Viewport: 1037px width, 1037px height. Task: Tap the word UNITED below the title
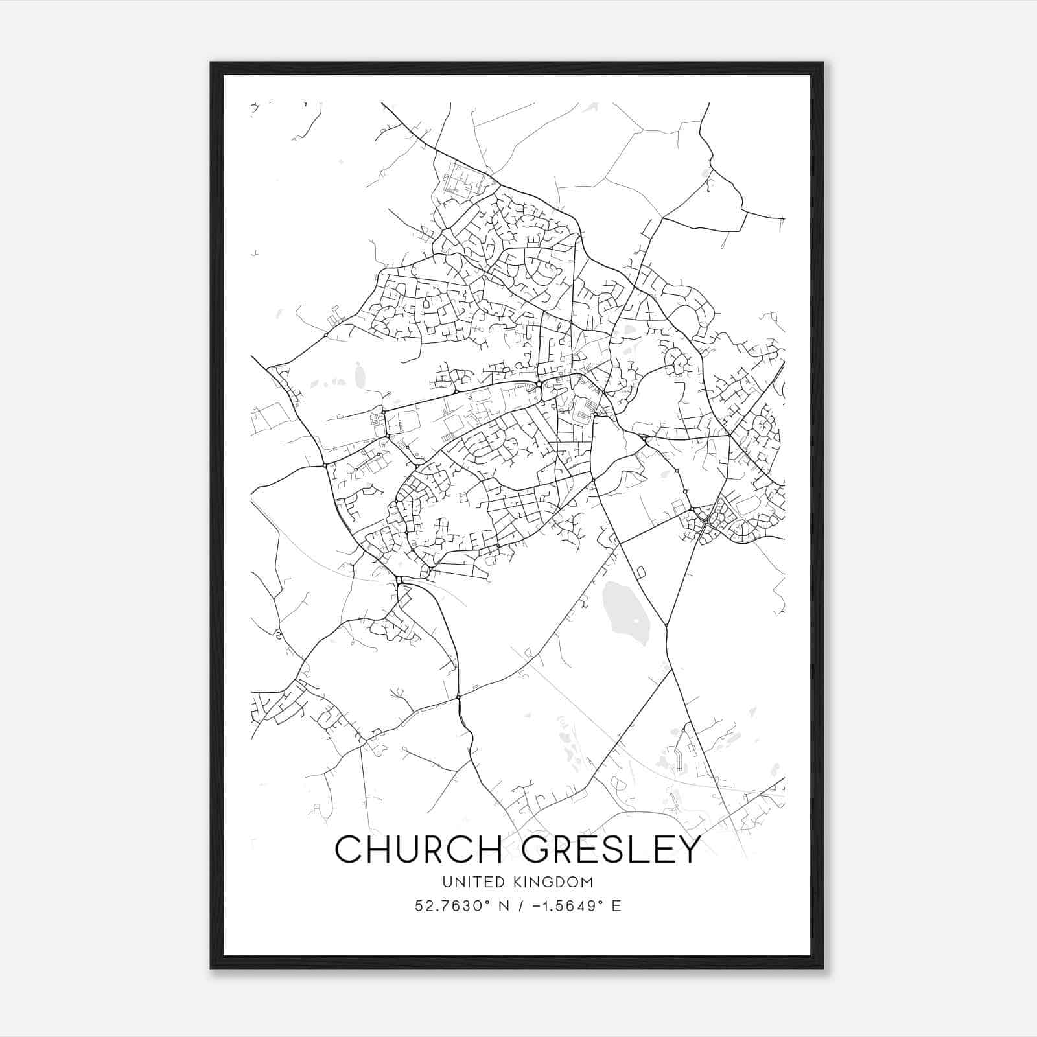click(x=469, y=882)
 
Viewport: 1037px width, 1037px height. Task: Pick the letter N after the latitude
click(x=502, y=906)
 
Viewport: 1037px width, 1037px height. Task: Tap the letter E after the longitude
click(x=616, y=906)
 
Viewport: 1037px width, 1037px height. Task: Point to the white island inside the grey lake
click(x=636, y=622)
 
